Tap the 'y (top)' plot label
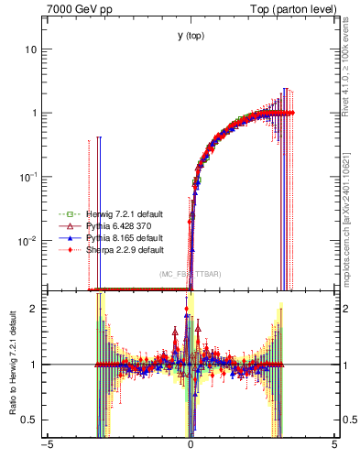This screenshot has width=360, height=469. click(191, 37)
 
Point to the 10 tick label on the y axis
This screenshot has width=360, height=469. click(30, 49)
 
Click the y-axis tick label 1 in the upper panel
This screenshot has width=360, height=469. click(34, 114)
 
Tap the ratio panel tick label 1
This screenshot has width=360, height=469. click(34, 365)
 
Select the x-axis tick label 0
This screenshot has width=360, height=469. click(191, 446)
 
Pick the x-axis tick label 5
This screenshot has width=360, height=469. click(334, 446)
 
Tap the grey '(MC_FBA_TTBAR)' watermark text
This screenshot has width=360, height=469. click(191, 274)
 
